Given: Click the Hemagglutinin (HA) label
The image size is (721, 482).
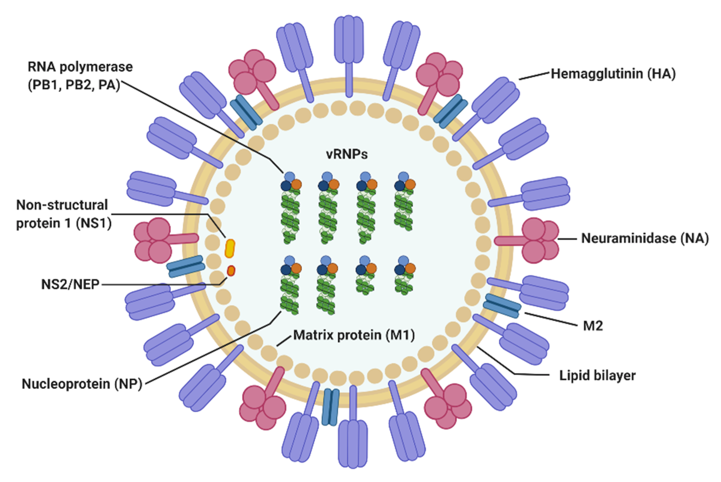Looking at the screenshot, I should [x=613, y=74].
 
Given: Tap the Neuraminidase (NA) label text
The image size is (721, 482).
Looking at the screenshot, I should [x=645, y=239].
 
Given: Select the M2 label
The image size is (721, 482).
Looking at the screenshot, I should [x=593, y=326].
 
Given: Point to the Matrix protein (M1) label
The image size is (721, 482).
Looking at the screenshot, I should [x=354, y=335].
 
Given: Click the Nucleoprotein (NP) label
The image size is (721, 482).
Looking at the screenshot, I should [x=82, y=384].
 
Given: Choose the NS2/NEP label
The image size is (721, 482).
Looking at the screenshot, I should [x=70, y=285].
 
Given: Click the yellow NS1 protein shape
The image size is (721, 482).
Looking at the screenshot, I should [x=230, y=248].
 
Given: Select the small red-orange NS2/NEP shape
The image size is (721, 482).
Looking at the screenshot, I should [x=231, y=271].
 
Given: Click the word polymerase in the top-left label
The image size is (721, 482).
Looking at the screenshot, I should [x=96, y=67].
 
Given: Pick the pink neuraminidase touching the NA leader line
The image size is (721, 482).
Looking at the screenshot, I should [x=538, y=240].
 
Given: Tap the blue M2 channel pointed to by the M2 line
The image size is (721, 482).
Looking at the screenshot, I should [x=502, y=306].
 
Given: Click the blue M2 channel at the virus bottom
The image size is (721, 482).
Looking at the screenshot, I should [x=330, y=407].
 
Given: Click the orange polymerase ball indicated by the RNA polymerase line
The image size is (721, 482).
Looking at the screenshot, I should [x=296, y=184].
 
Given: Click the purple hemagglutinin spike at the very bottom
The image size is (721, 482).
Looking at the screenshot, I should [x=353, y=443].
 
